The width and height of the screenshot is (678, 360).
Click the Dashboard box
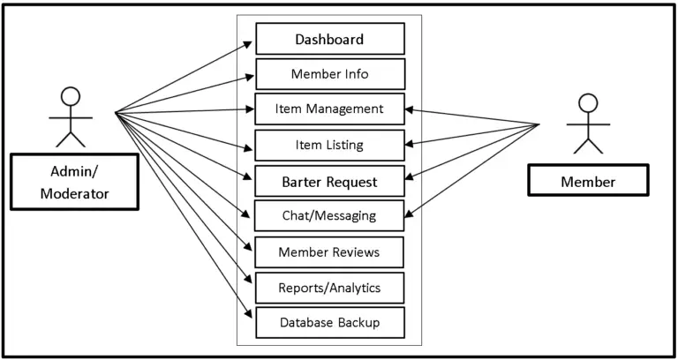pos(329,40)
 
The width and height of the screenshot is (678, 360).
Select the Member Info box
pos(329,74)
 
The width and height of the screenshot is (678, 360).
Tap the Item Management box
pos(329,109)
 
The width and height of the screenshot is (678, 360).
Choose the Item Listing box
pos(329,145)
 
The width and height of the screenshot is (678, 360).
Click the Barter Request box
pos(329,182)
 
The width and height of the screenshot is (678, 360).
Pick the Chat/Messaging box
pos(329,215)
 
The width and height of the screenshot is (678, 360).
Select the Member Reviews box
pos(329,252)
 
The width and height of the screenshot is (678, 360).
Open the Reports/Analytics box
pos(329,288)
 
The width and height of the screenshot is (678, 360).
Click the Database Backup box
pos(329,322)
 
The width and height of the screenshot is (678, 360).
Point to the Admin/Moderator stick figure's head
pos(71,95)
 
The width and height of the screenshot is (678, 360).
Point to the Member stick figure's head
pos(587,102)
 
